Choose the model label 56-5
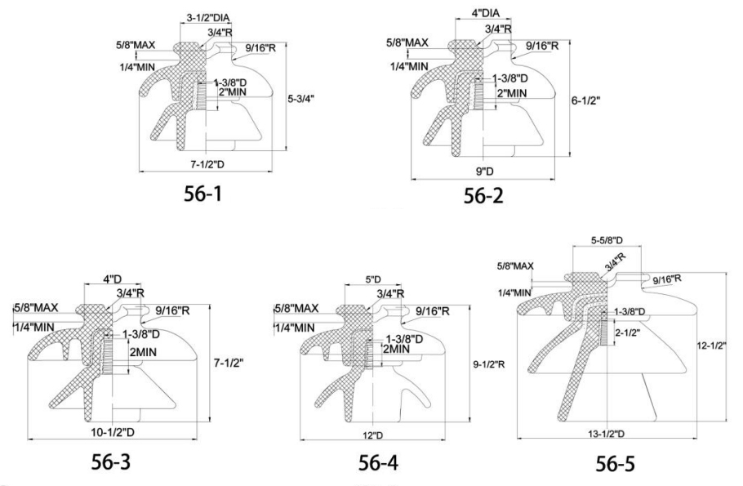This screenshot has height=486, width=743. (x=625, y=466)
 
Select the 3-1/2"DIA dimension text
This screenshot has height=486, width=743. (x=211, y=16)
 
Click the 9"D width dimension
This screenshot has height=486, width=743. (x=488, y=169)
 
